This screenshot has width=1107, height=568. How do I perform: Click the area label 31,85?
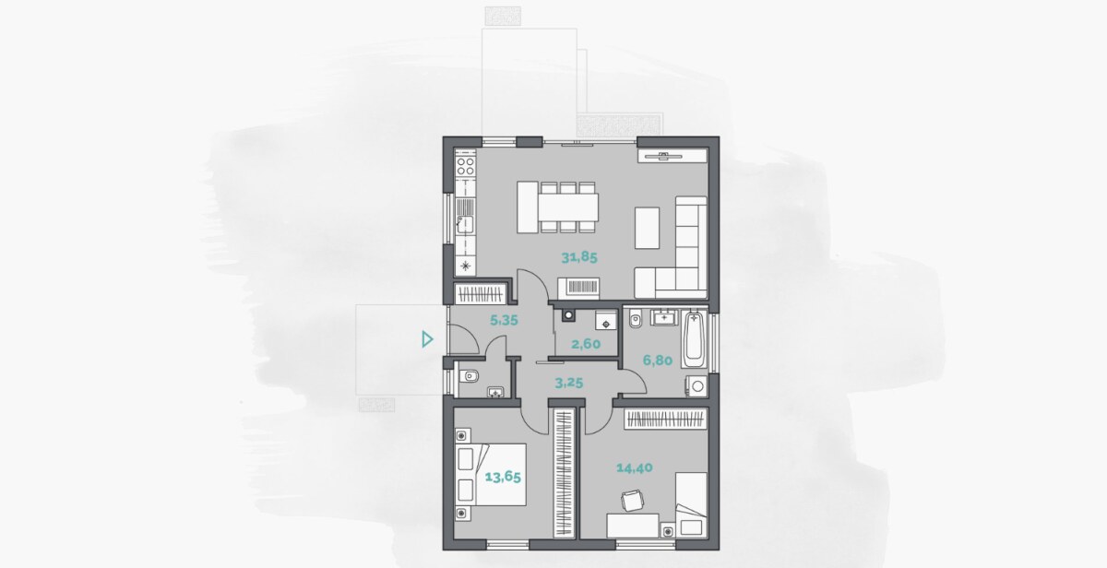pyautogui.click(x=579, y=257)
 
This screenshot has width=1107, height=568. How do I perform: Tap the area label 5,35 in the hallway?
pyautogui.click(x=504, y=321)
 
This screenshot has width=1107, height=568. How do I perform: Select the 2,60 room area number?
pyautogui.click(x=586, y=344)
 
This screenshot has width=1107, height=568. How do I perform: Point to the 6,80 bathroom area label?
pyautogui.click(x=657, y=361)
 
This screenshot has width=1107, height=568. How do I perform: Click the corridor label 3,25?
pyautogui.click(x=569, y=383)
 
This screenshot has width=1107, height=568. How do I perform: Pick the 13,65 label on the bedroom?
pyautogui.click(x=503, y=478)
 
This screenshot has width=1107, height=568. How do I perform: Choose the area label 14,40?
pyautogui.click(x=635, y=467)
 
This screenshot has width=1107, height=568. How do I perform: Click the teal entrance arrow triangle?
pyautogui.click(x=427, y=339)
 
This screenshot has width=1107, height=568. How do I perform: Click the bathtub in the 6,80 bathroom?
pyautogui.click(x=695, y=338)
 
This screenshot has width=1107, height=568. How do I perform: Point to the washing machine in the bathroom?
pyautogui.click(x=696, y=385)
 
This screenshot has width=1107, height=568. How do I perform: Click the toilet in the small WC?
pyautogui.click(x=469, y=377)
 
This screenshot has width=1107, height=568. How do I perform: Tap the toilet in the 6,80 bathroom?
pyautogui.click(x=635, y=319)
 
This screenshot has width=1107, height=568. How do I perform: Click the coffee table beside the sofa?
pyautogui.click(x=647, y=228)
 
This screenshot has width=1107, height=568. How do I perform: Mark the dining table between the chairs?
pyautogui.click(x=568, y=207)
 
